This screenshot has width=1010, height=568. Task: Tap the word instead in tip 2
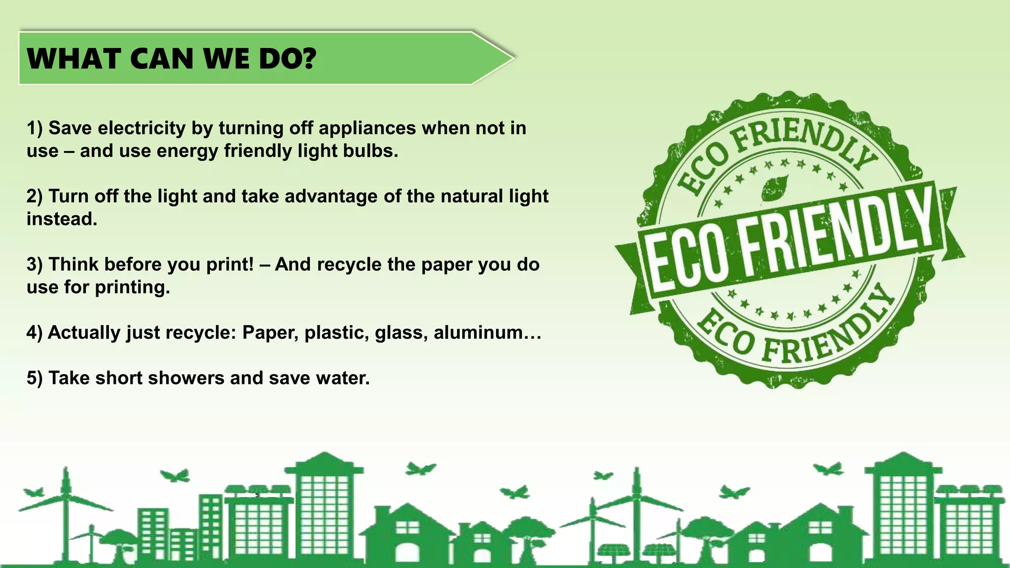(62, 219)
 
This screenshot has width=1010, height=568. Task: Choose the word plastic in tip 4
(336, 333)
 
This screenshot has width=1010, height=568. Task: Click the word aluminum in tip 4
(478, 333)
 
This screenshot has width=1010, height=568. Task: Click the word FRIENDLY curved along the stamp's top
(804, 138)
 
